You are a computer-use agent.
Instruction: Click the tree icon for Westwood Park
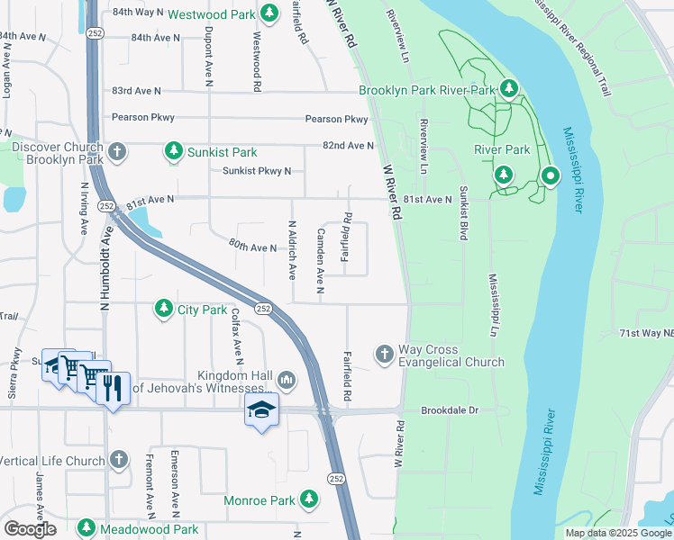(x=269, y=13)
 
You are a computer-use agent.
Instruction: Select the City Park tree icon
(x=163, y=310)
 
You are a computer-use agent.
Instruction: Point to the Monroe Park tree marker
(x=309, y=499)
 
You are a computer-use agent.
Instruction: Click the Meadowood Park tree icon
(x=87, y=528)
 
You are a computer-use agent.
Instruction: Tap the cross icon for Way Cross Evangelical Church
(x=385, y=355)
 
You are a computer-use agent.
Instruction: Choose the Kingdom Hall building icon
(x=287, y=381)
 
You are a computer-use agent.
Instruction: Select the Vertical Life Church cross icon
(x=118, y=461)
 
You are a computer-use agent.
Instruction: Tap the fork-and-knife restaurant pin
(x=112, y=387)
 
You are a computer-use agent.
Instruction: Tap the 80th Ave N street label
(x=252, y=246)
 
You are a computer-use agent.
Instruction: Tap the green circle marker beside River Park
(x=549, y=176)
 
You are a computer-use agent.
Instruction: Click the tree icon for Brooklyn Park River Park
(x=510, y=88)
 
